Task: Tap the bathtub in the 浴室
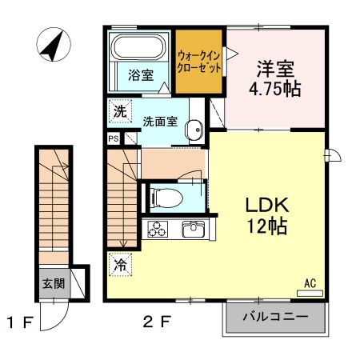point(136,49)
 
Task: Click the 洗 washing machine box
point(118,111)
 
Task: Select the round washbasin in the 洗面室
point(192,131)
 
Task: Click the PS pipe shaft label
point(113,138)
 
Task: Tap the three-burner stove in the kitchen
point(157,230)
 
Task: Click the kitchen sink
point(194,230)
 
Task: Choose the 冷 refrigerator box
point(119,262)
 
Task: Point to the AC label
point(310,282)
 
